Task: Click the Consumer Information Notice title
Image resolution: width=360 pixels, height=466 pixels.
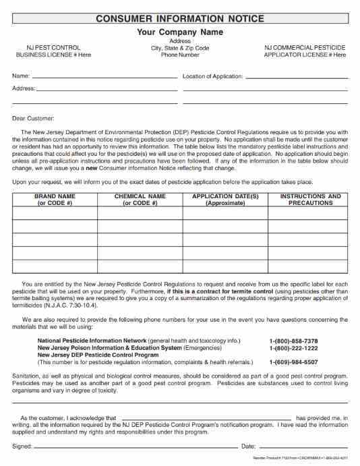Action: pos(180,19)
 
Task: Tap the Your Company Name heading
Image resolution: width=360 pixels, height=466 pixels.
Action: pos(180,32)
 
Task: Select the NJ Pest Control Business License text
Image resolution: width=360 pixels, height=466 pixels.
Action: pos(53,51)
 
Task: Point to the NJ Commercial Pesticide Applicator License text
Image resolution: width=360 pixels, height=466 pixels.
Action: pos(305,51)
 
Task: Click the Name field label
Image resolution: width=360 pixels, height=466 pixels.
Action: pos(20,76)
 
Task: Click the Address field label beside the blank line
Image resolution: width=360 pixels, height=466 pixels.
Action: pos(24,88)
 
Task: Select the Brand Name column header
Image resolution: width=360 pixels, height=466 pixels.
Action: pos(55,200)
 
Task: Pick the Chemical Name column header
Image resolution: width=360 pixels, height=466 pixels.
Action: pos(140,200)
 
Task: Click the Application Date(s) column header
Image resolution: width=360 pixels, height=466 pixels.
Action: pos(225,200)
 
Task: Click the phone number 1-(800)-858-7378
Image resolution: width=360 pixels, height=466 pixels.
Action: pos(293,341)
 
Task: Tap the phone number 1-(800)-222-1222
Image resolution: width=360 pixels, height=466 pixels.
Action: pos(293,348)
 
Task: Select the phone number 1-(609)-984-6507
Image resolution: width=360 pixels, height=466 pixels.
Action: pos(293,361)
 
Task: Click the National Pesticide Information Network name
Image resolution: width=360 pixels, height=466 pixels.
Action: pos(92,341)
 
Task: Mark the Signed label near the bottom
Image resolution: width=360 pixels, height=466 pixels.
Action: pos(22,446)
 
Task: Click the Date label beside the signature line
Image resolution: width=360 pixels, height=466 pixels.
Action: pos(248,446)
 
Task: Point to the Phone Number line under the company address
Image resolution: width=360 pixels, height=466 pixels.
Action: pos(180,55)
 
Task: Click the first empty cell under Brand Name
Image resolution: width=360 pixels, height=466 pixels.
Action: pos(55,213)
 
